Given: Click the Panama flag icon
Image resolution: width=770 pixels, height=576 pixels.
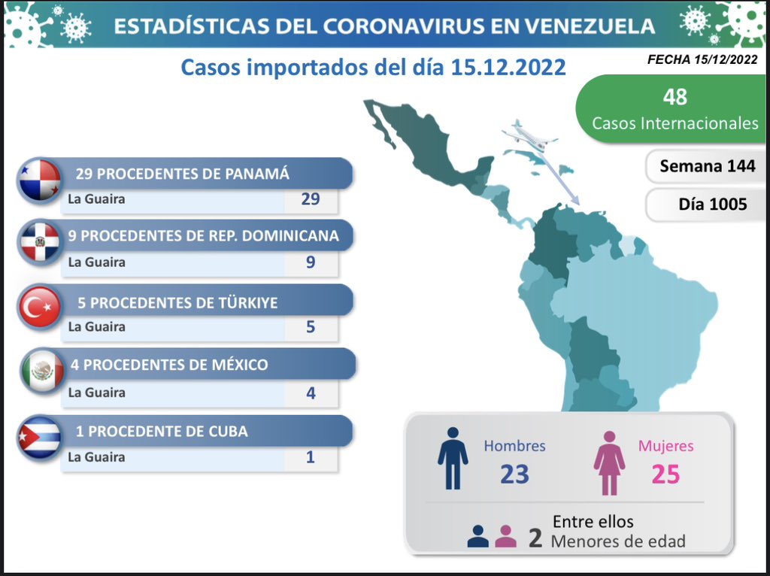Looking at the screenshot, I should pyautogui.click(x=40, y=180).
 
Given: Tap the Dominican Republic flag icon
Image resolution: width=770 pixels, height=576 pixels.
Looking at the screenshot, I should pyautogui.click(x=40, y=242).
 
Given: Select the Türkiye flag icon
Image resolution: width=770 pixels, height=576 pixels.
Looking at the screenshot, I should pyautogui.click(x=40, y=307).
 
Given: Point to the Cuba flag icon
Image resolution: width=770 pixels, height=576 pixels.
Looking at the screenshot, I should pyautogui.click(x=40, y=436).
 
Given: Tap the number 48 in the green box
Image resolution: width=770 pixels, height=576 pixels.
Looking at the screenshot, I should pyautogui.click(x=675, y=97).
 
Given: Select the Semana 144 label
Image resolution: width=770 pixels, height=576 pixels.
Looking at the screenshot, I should pyautogui.click(x=707, y=166).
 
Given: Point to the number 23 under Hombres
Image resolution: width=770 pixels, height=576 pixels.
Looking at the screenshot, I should pyautogui.click(x=515, y=474).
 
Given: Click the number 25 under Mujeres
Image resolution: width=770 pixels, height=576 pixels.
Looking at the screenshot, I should pyautogui.click(x=665, y=474).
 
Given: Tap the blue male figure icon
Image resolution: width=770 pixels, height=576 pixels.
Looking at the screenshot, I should pyautogui.click(x=453, y=461).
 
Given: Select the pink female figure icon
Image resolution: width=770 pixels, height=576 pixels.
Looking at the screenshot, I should pyautogui.click(x=609, y=462).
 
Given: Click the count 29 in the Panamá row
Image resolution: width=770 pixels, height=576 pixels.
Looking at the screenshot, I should pyautogui.click(x=310, y=199).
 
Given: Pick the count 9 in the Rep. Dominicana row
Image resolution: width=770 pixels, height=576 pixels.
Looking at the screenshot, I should pyautogui.click(x=310, y=262).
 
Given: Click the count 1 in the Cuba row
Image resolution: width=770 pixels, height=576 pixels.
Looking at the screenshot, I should pyautogui.click(x=310, y=456).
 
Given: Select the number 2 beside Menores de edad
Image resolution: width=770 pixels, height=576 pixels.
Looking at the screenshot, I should pyautogui.click(x=535, y=538).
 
